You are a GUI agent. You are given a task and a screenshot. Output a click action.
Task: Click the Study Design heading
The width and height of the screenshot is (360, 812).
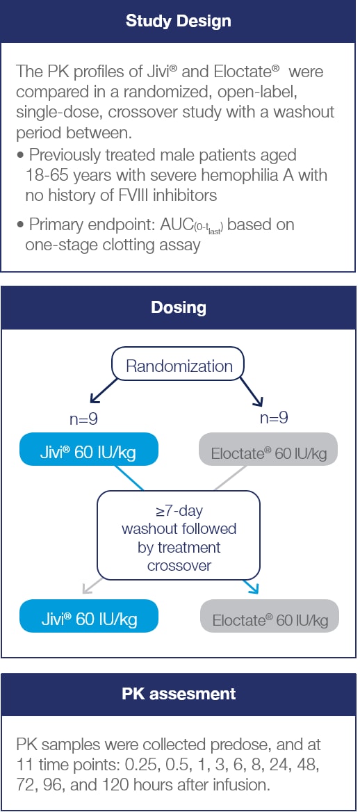pos(179,21)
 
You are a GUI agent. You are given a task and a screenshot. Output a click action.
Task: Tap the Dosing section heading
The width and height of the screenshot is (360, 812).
pos(179,307)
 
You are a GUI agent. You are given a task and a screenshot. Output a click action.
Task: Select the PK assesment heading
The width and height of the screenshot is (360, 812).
pos(179,694)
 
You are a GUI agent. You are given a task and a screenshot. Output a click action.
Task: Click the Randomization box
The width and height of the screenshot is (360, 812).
pos(179,366)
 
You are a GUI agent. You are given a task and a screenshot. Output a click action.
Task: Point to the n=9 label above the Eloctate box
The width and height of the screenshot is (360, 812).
pos(273,418)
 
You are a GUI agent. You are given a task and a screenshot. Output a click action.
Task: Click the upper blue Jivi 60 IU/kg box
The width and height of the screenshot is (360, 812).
pos(88,453)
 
